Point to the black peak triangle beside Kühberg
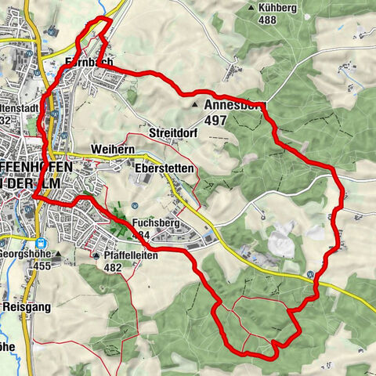click(x=251, y=8)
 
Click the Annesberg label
click(x=234, y=104)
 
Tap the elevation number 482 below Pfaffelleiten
click(x=113, y=266)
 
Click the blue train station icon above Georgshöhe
click(x=40, y=242)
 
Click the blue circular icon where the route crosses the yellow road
click(x=312, y=273)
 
